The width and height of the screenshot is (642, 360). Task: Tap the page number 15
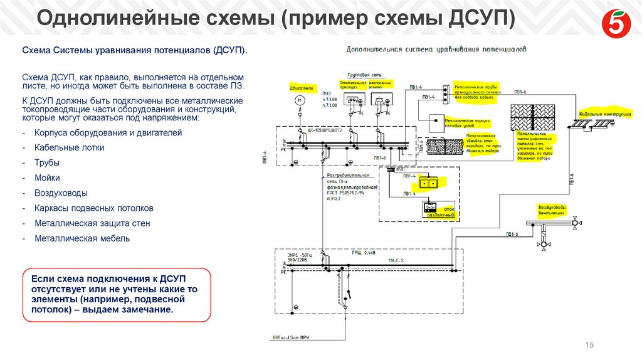click(x=589, y=345)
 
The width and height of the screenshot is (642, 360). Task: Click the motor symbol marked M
click(x=300, y=101)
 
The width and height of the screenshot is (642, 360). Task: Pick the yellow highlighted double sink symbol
click(x=430, y=184)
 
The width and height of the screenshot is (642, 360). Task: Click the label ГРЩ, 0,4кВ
click(x=366, y=254)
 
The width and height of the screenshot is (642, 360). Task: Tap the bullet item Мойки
click(x=47, y=178)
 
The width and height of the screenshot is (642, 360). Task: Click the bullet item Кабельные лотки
click(x=69, y=148)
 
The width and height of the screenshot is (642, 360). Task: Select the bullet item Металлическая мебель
click(x=82, y=238)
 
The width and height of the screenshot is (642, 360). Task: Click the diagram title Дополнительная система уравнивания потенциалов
click(x=436, y=48)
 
